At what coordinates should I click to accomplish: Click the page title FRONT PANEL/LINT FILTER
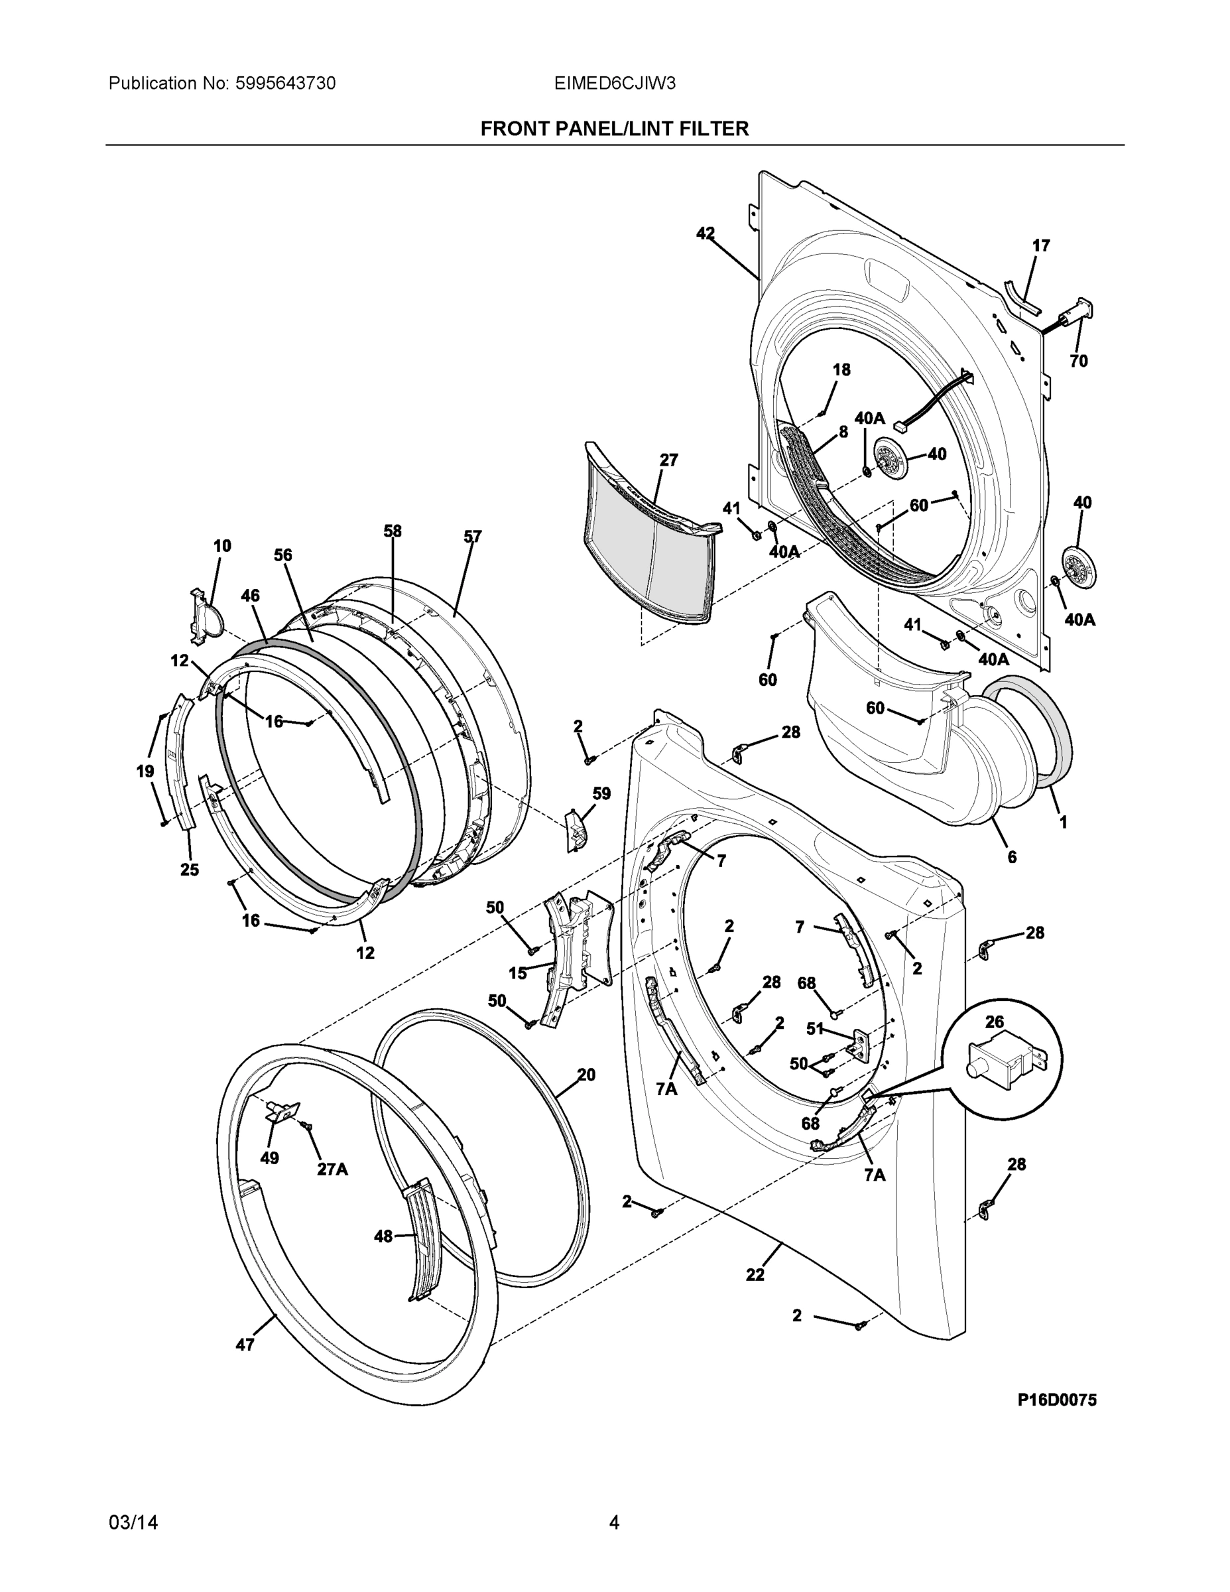614,129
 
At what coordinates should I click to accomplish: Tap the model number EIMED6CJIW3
614,84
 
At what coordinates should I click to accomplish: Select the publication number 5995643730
285,84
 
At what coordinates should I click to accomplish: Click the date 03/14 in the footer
133,1523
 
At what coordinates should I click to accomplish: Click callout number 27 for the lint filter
668,461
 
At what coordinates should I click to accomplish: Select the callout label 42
705,233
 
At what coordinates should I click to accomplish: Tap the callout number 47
245,1345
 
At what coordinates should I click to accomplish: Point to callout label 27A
332,1169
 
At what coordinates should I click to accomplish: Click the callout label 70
1078,361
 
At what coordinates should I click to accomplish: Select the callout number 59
601,794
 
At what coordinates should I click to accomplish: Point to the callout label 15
517,973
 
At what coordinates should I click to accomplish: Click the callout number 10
222,546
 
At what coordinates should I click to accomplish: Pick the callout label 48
383,1236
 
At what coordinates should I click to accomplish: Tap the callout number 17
1041,246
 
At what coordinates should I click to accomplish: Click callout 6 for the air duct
1012,857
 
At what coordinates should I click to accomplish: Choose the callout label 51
815,1029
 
